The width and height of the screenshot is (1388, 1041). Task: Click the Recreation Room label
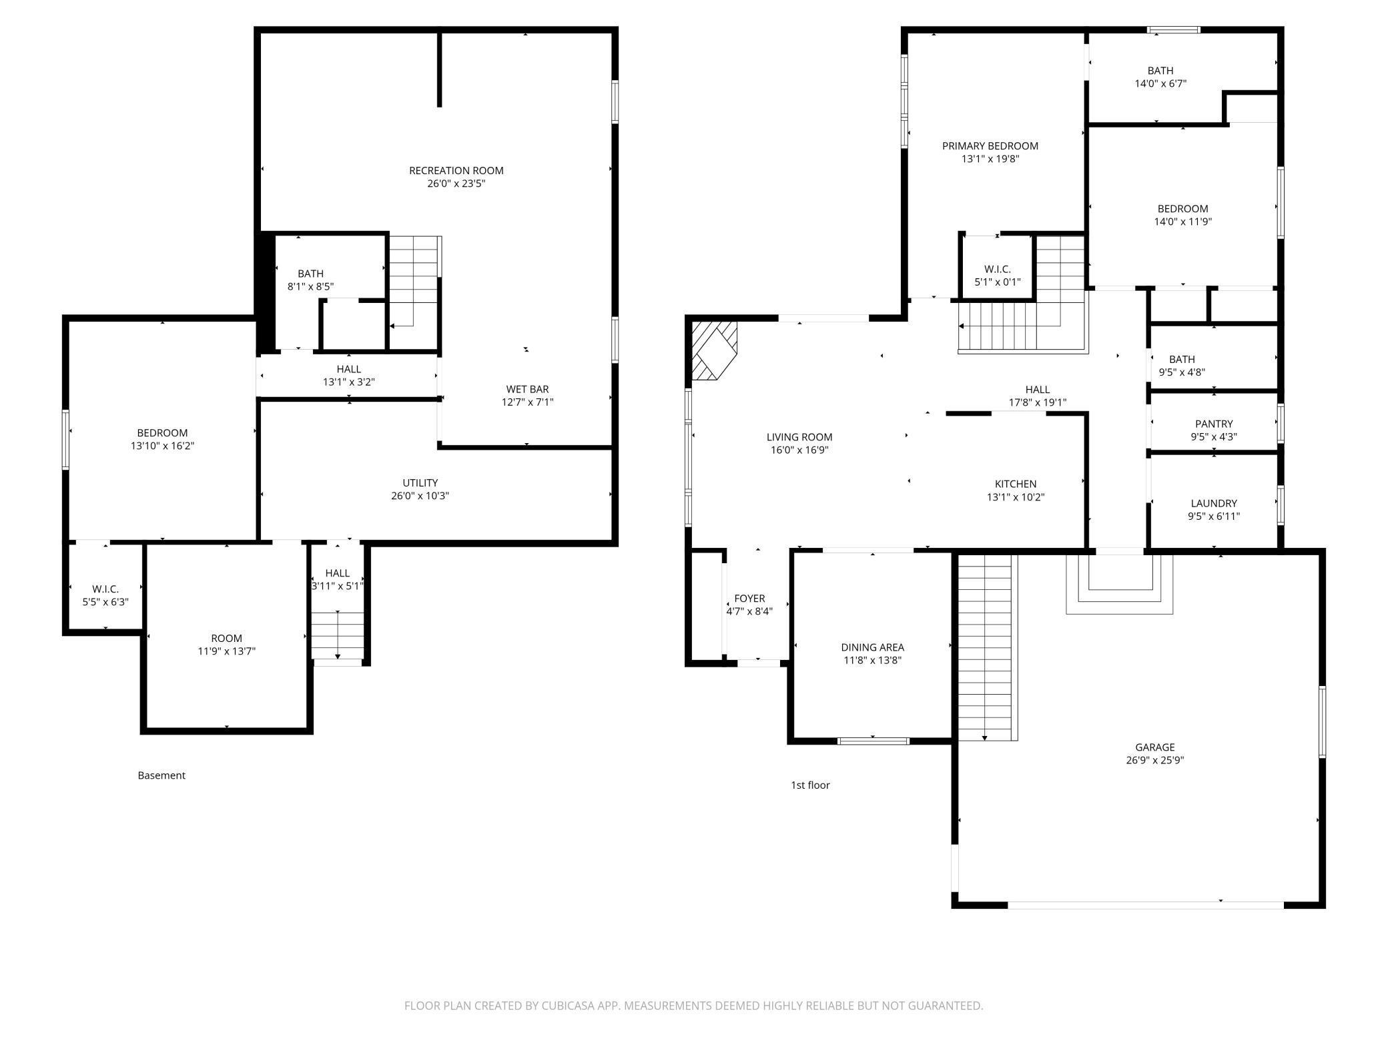[456, 171]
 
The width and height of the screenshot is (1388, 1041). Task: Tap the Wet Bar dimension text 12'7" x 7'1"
[527, 402]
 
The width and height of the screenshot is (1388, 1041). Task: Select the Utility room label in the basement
[420, 483]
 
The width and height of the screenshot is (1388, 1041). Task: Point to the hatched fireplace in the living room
[713, 350]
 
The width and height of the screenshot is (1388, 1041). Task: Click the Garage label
[1154, 747]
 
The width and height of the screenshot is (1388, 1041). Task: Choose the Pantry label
[1213, 424]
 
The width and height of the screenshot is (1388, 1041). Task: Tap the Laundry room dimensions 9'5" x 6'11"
[1213, 516]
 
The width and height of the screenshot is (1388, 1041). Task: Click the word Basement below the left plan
[161, 775]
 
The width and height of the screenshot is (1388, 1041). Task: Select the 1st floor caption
[810, 785]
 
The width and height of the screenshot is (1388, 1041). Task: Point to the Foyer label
[749, 599]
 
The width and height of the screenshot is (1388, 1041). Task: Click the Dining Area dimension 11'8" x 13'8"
[872, 661]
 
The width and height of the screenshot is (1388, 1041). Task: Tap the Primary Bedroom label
[990, 146]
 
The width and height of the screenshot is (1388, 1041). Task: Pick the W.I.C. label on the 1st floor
[997, 270]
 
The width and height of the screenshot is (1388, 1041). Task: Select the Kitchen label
[1015, 484]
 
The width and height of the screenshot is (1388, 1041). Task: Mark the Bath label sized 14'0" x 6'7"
[1160, 71]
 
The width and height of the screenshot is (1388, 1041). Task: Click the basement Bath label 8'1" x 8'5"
[310, 274]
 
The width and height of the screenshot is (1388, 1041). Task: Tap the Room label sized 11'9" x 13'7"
[226, 639]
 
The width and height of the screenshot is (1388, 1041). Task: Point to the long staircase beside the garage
[985, 647]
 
